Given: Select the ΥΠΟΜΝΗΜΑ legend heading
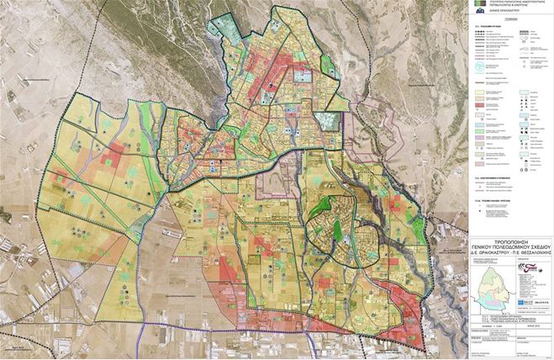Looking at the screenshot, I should (509, 26).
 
